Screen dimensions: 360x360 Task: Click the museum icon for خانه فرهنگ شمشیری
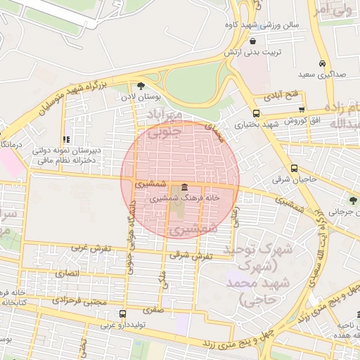point(184,187)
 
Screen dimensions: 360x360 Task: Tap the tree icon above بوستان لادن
point(141,86)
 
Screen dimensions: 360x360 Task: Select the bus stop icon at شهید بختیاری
point(255,112)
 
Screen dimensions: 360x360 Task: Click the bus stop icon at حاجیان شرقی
point(294,168)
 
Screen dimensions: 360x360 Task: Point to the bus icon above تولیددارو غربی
point(123,314)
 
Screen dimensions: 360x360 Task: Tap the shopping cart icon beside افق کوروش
point(302,109)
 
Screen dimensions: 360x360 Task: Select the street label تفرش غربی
point(89,248)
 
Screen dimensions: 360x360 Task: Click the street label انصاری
point(68,272)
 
